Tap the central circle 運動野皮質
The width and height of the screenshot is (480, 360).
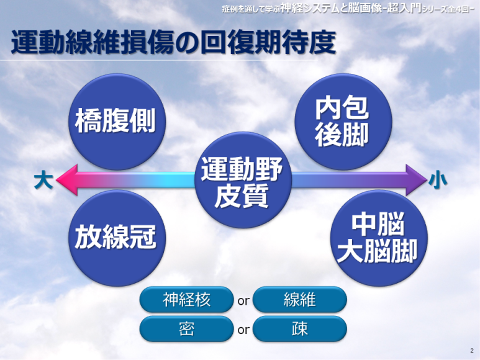[x=242, y=181]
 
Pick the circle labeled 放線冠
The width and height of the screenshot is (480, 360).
[x=115, y=238]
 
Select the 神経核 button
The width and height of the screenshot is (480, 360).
[x=186, y=300]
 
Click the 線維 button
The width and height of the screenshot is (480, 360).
[x=300, y=300]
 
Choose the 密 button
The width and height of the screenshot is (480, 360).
[x=186, y=329]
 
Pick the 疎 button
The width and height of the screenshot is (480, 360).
[x=300, y=329]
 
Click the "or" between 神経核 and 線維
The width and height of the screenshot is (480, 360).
[x=243, y=301]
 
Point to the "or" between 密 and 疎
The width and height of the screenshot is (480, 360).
[x=243, y=330]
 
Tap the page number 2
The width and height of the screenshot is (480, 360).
[x=471, y=350]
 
